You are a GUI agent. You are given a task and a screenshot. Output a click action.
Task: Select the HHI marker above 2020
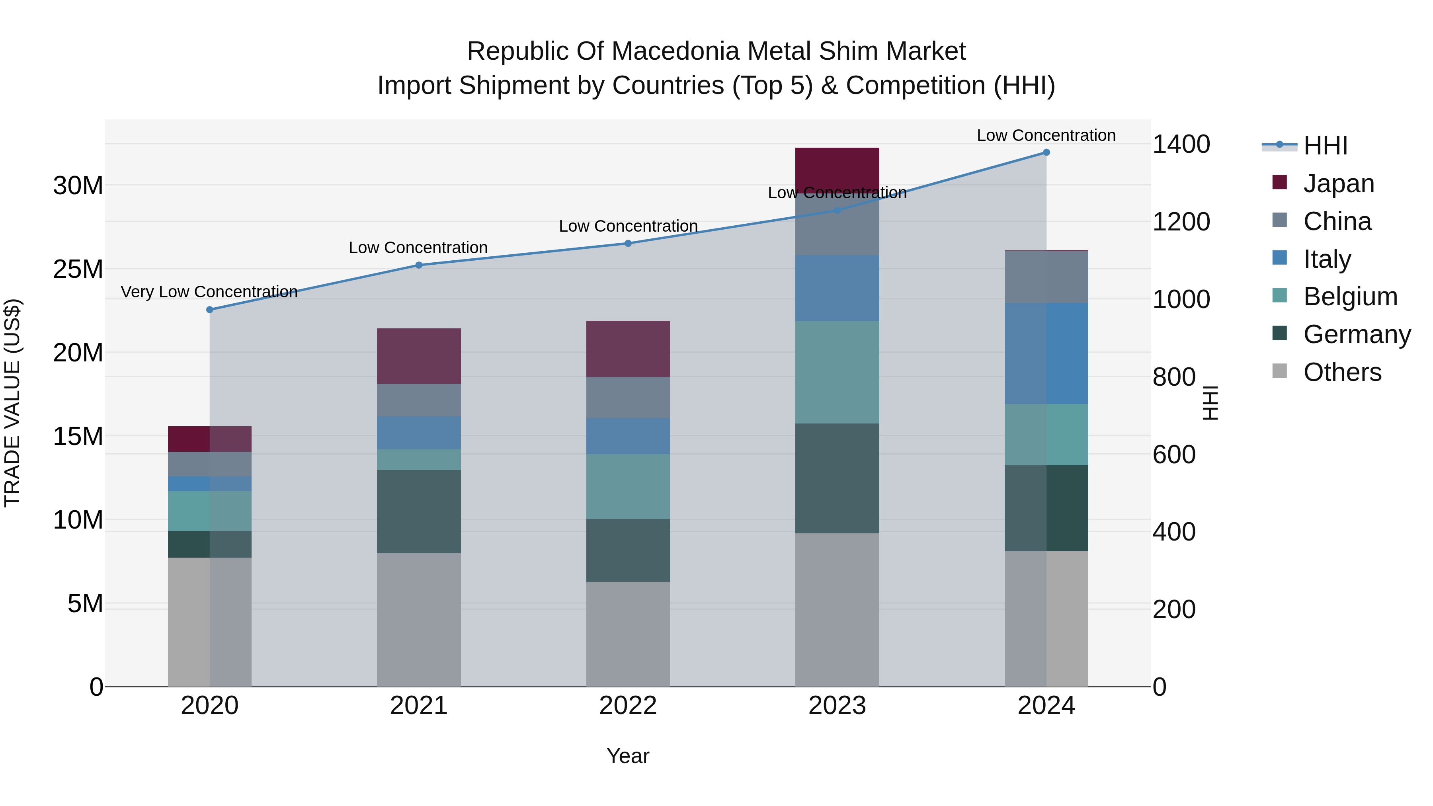click(x=210, y=310)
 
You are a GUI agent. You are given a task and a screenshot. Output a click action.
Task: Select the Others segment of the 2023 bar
click(x=837, y=610)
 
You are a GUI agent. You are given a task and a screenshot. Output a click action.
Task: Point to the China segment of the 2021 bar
click(x=418, y=400)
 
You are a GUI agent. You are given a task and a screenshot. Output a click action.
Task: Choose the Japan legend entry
click(x=1338, y=183)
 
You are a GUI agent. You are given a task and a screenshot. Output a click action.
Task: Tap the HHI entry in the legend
click(x=1325, y=146)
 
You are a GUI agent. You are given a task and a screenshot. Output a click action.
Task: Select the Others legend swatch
click(x=1279, y=371)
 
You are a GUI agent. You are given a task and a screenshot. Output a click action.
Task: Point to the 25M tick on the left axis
click(x=78, y=269)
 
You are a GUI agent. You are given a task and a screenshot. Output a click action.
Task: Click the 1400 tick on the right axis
click(x=1181, y=144)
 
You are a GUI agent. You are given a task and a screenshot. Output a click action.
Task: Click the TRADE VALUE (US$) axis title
click(x=12, y=403)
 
